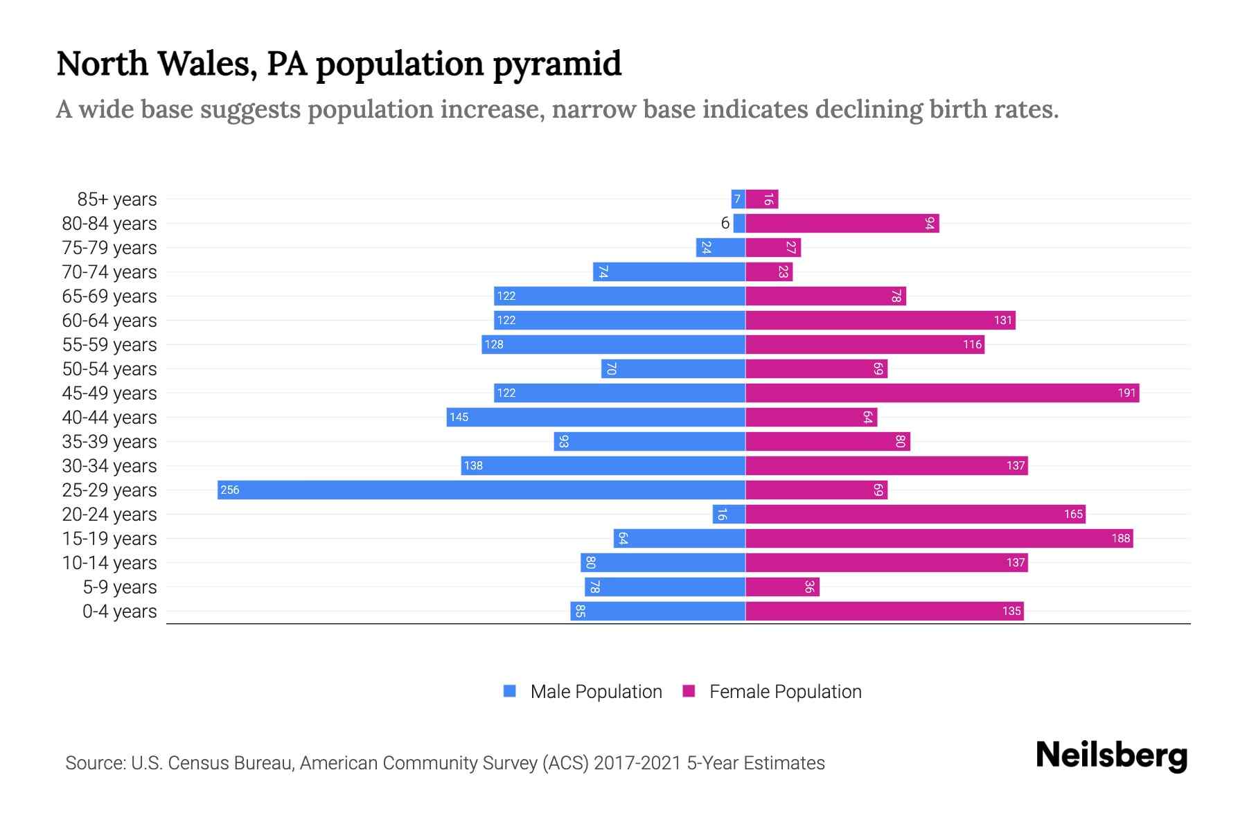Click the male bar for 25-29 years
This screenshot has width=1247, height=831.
tap(481, 490)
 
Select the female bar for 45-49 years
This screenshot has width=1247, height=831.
tap(942, 393)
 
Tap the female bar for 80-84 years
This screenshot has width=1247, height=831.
tap(842, 223)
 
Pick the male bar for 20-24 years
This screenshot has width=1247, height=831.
tap(729, 514)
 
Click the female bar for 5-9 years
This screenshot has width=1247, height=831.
tap(782, 587)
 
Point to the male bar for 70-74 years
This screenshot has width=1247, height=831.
tap(669, 271)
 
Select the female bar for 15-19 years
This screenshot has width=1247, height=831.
tap(939, 538)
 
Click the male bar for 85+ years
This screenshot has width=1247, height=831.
tap(739, 199)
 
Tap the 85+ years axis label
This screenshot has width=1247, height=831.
tap(117, 199)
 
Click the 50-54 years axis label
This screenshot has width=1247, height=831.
tap(109, 369)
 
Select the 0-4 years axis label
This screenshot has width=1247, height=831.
tap(119, 611)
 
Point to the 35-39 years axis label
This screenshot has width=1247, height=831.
tap(109, 442)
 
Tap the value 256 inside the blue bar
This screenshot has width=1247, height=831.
tap(229, 490)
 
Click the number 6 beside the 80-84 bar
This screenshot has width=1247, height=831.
tap(725, 223)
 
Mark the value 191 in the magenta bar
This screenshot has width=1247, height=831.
tap(1126, 393)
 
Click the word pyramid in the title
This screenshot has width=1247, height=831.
tap(557, 64)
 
